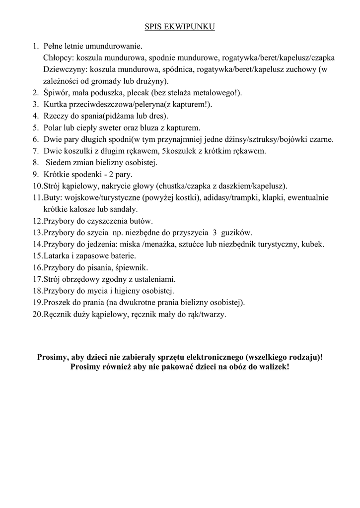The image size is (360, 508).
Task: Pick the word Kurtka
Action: pyautogui.click(x=55, y=104)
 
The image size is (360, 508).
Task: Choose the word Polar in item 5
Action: pyautogui.click(x=53, y=127)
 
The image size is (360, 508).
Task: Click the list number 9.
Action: pyautogui.click(x=36, y=174)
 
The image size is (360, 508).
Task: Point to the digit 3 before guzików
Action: pyautogui.click(x=215, y=232)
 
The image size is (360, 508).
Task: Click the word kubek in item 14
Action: pyautogui.click(x=313, y=244)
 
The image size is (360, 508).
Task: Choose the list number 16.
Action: pyautogui.click(x=37, y=267)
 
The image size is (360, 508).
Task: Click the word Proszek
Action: pyautogui.click(x=58, y=302)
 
